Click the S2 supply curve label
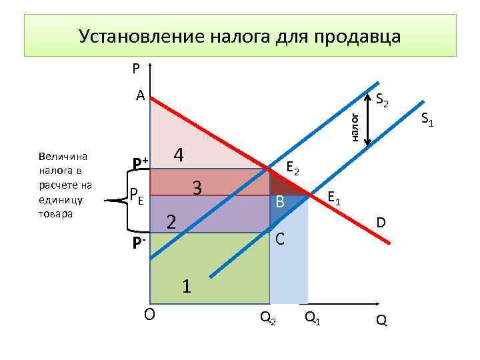click(x=386, y=101)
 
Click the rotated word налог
click(x=355, y=127)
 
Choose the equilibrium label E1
click(x=334, y=198)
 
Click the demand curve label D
click(x=381, y=221)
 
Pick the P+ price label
click(x=140, y=163)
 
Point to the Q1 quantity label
click(x=312, y=319)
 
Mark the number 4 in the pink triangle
click(x=178, y=155)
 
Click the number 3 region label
click(x=197, y=187)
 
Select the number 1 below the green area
click(x=188, y=286)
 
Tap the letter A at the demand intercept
click(x=140, y=95)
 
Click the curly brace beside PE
click(x=121, y=197)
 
